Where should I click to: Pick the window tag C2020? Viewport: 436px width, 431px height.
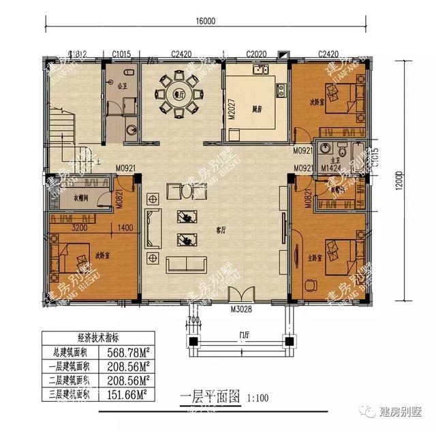click(x=255, y=54)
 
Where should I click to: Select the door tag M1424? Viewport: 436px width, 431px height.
click(x=312, y=167)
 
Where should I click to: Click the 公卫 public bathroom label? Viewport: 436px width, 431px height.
click(x=123, y=86)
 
